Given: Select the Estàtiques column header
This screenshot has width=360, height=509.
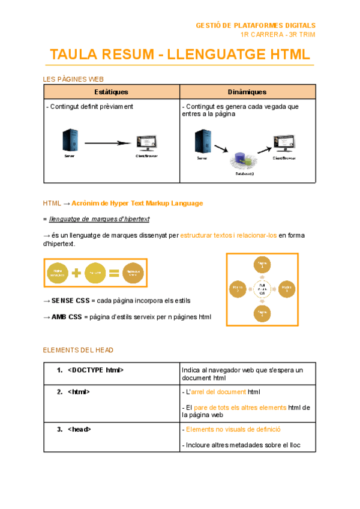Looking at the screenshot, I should point(112,92).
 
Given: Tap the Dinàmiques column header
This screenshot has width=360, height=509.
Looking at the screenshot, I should point(247,92).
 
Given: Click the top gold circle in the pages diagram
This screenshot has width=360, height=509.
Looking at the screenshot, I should point(262,265).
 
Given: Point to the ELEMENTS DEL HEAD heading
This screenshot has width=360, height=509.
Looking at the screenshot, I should point(78,350).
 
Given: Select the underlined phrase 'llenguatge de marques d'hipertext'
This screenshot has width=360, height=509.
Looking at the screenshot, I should point(100,220).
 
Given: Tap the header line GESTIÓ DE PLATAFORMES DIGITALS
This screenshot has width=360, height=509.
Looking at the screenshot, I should point(256,25).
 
